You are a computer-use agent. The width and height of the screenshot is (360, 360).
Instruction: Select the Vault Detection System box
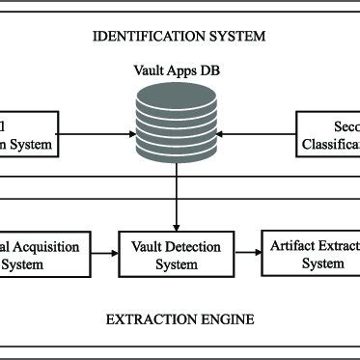(x=177, y=253)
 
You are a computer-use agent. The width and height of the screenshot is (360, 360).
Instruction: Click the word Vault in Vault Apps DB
(x=147, y=69)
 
